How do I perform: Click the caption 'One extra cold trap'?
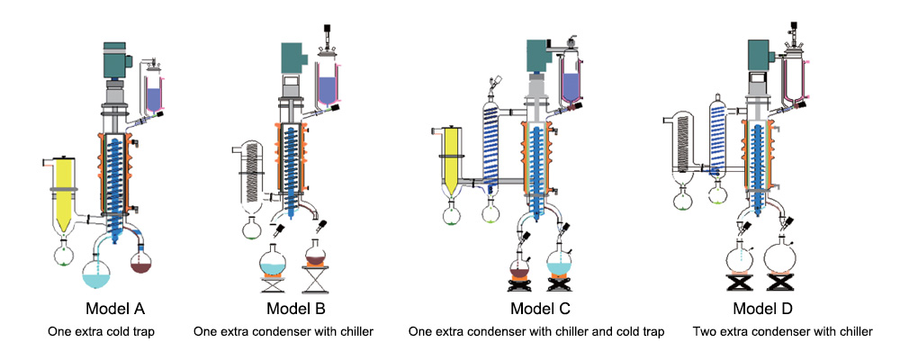(101, 332)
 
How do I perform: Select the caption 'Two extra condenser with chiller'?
(782, 332)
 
